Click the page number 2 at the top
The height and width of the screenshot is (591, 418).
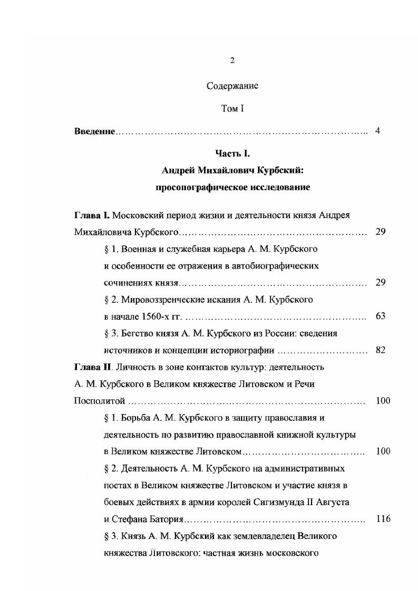pyautogui.click(x=232, y=61)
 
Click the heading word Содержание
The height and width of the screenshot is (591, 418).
pyautogui.click(x=232, y=86)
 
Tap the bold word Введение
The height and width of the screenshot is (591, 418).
pyautogui.click(x=94, y=131)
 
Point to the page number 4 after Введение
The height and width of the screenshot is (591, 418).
pyautogui.click(x=377, y=131)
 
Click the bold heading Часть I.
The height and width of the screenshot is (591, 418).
pyautogui.click(x=232, y=153)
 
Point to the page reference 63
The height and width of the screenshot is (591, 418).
pyautogui.click(x=381, y=316)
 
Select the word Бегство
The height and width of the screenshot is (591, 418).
pyautogui.click(x=137, y=333)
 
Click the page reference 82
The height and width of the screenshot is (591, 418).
pyautogui.click(x=381, y=350)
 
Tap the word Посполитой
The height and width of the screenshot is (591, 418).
pyautogui.click(x=99, y=401)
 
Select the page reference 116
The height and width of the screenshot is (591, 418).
pyautogui.click(x=383, y=519)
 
